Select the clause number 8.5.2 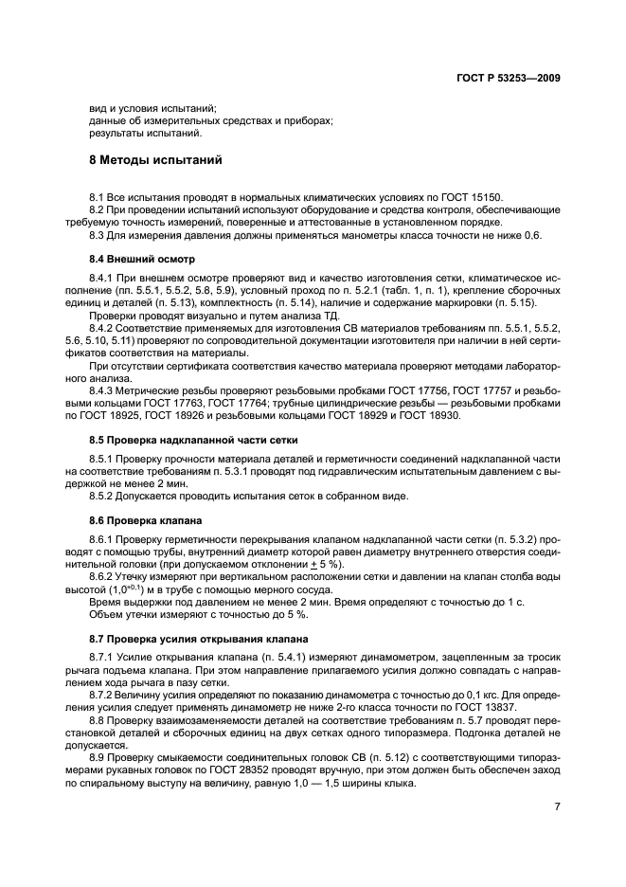[103, 497]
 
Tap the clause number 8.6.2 [103, 576]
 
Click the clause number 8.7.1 [103, 657]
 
